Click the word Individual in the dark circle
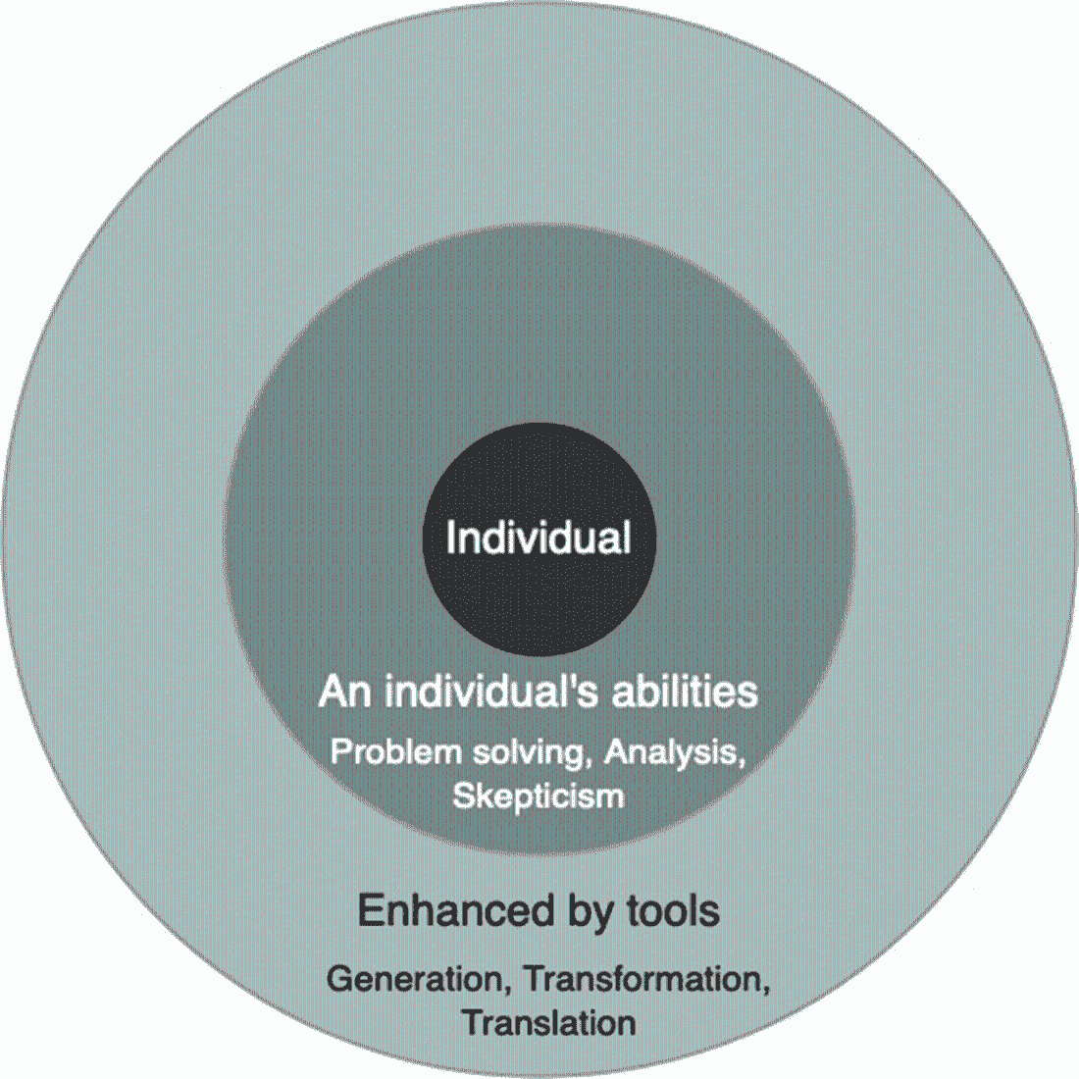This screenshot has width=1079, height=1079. [x=538, y=539]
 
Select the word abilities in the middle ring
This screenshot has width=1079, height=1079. [x=686, y=693]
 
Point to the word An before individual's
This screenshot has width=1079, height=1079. [x=343, y=694]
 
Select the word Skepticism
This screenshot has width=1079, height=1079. [x=539, y=795]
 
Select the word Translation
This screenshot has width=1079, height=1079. [x=549, y=1024]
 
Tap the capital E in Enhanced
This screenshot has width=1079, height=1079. [x=368, y=910]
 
